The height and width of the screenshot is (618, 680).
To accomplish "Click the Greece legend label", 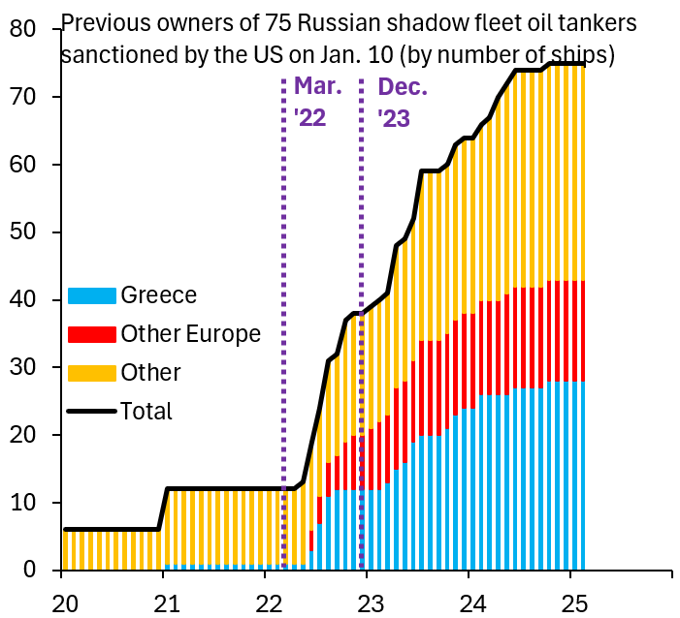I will tap(158, 295).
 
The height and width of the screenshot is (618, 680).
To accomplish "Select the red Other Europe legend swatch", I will tap(92, 334).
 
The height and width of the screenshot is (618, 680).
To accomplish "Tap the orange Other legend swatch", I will tap(92, 373).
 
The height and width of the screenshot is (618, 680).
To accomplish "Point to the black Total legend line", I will tap(92, 412).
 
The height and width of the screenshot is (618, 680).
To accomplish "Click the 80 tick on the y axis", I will tap(23, 30).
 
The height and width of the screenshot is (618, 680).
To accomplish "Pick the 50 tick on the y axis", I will tap(23, 232).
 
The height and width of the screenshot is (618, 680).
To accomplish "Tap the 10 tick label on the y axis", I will tap(23, 503).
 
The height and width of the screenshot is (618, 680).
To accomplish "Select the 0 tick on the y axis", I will tap(29, 571).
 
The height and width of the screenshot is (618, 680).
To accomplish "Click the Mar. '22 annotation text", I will tap(318, 102).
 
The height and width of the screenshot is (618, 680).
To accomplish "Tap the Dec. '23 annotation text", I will tap(402, 102).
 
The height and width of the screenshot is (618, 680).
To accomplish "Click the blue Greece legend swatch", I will tap(92, 295).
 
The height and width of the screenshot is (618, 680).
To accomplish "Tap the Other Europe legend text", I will tap(191, 334).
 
